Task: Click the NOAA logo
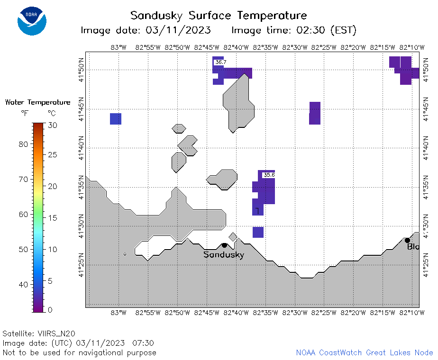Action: [x=32, y=21]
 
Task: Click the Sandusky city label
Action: [x=224, y=254]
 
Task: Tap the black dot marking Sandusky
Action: [x=224, y=245]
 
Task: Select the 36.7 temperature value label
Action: [x=221, y=62]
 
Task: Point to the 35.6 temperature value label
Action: [x=269, y=175]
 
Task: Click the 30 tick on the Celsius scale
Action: [x=52, y=125]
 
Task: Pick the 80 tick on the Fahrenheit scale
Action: [x=24, y=144]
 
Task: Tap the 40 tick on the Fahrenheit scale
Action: [x=24, y=285]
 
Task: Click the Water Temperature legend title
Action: [x=38, y=102]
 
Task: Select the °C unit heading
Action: [x=52, y=113]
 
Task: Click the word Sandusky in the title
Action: [x=156, y=16]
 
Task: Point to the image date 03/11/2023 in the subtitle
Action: [x=178, y=30]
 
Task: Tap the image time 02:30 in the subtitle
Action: [x=310, y=30]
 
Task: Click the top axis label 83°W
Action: [x=119, y=47]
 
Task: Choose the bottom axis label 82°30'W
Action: [x=295, y=313]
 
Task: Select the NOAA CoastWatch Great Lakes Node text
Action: [x=365, y=352]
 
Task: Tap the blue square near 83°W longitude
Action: [x=116, y=119]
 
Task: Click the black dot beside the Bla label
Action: [x=407, y=240]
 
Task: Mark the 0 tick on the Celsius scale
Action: [x=50, y=310]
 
